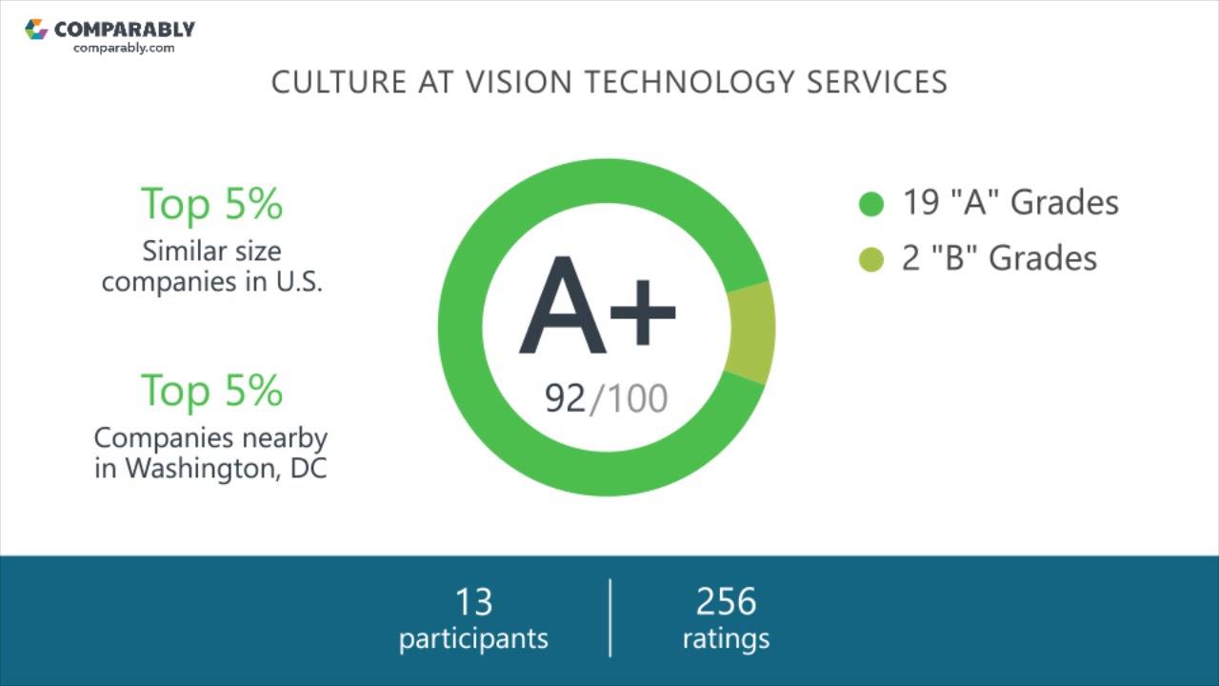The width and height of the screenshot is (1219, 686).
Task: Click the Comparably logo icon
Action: (36, 30)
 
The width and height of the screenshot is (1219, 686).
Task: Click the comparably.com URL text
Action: (124, 48)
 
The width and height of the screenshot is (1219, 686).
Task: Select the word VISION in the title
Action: (519, 82)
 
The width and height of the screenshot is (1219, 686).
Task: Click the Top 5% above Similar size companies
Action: (211, 204)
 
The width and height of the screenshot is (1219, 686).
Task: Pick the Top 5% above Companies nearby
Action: (211, 391)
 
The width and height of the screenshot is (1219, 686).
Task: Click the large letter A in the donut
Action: (563, 307)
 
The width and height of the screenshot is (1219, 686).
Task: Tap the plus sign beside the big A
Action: (643, 312)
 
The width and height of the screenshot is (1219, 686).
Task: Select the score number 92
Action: (565, 398)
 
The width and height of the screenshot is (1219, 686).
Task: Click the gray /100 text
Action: (629, 398)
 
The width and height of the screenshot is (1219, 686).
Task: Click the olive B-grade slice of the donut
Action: (750, 333)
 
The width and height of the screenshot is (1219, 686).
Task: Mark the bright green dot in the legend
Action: (871, 204)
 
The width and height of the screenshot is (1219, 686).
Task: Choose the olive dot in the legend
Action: (871, 259)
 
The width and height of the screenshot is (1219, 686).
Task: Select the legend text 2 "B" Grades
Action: (999, 258)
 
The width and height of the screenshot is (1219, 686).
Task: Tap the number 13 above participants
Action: (473, 602)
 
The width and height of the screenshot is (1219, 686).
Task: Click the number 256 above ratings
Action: (726, 602)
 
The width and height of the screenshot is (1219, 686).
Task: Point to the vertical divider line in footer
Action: (610, 617)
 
